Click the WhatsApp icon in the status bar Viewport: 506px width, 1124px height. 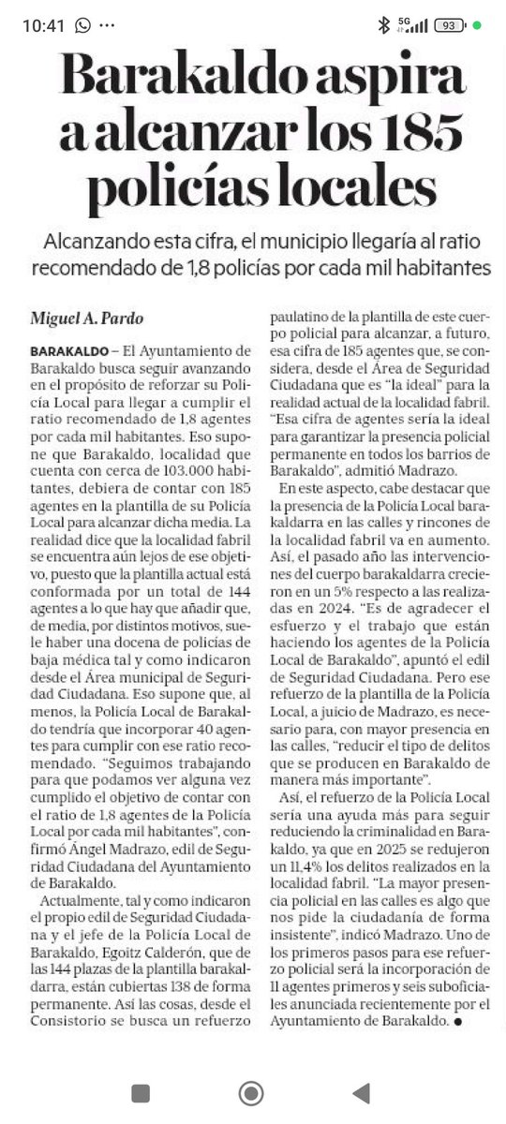tap(83, 25)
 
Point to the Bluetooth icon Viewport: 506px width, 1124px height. tap(383, 25)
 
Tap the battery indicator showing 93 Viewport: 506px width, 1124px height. tap(451, 25)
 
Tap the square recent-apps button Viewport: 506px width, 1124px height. tap(141, 1092)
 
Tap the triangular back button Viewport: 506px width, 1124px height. tap(361, 1092)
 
